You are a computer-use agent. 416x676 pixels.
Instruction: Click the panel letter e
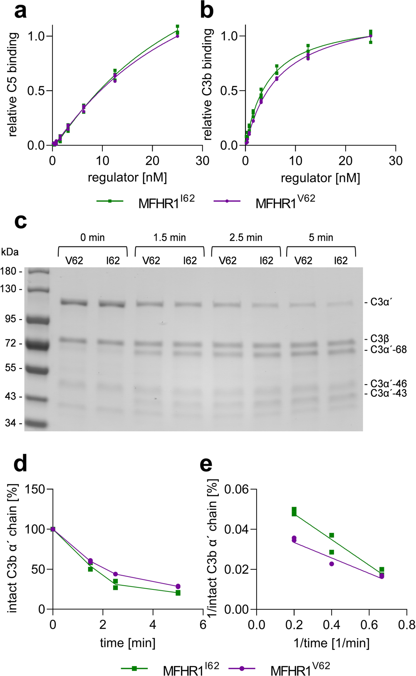click(x=206, y=464)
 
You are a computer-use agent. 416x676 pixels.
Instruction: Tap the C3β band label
click(x=380, y=339)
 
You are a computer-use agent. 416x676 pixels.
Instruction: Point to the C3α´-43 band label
click(x=389, y=393)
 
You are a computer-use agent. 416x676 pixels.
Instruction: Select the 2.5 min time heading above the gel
click(x=246, y=238)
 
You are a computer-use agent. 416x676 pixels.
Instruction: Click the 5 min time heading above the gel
click(x=321, y=238)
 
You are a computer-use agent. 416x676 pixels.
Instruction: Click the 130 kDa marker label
click(x=9, y=289)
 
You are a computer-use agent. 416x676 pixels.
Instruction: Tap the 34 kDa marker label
click(x=11, y=423)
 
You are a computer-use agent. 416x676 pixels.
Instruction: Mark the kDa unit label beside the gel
click(x=10, y=252)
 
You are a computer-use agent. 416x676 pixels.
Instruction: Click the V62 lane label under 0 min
click(x=74, y=261)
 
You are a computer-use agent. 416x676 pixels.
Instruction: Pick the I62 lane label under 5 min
click(x=341, y=261)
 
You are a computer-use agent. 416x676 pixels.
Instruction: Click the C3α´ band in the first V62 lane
click(x=74, y=303)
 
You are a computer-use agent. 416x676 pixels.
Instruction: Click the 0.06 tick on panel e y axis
click(x=236, y=489)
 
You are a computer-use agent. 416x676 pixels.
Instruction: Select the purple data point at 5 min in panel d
click(x=178, y=586)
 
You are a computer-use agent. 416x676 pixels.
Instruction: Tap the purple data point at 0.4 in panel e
click(x=332, y=564)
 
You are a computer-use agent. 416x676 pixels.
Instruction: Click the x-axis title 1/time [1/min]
click(x=331, y=643)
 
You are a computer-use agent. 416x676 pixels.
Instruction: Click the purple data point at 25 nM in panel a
click(x=177, y=36)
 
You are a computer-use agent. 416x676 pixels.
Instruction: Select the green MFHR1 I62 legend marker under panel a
click(x=110, y=201)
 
